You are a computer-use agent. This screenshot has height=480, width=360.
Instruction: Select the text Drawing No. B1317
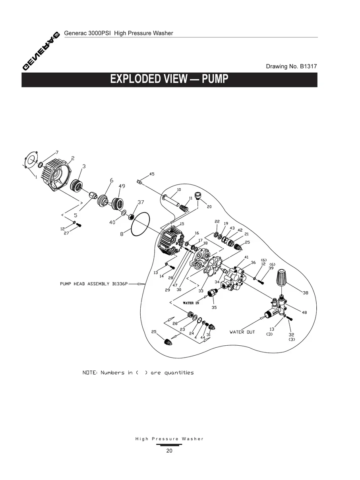pyautogui.click(x=291, y=66)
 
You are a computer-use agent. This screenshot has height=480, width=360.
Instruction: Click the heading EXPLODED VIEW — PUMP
pyautogui.click(x=169, y=79)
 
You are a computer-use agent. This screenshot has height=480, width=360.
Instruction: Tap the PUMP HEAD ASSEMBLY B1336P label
pyautogui.click(x=94, y=284)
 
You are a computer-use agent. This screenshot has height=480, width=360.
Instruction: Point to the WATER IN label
pyautogui.click(x=191, y=303)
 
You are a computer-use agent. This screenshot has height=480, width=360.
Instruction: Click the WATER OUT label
pyautogui.click(x=242, y=332)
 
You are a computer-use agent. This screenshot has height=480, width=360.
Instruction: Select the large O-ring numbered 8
pyautogui.click(x=139, y=225)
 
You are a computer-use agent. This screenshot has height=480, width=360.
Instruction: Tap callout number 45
pyautogui.click(x=152, y=174)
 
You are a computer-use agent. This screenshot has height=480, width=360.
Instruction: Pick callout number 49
pyautogui.click(x=122, y=186)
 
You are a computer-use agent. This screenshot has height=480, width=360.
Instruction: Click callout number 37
pyautogui.click(x=141, y=202)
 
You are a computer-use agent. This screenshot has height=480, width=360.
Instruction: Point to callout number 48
pyautogui.click(x=304, y=312)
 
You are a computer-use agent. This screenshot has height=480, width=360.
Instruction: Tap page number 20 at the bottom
pyautogui.click(x=169, y=451)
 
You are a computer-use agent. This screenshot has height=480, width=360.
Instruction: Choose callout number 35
pyautogui.click(x=214, y=307)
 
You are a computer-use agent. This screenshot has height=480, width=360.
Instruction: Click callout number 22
pyautogui.click(x=217, y=221)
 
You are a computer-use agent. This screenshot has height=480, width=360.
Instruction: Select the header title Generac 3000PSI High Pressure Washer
pyautogui.click(x=118, y=33)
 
